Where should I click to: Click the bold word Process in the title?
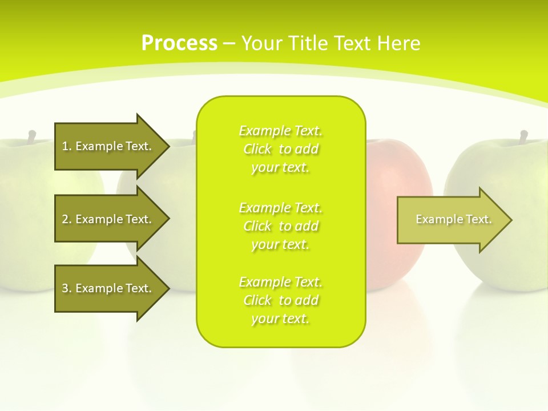179,43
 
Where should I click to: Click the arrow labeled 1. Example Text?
108,146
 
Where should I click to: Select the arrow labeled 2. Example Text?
108,219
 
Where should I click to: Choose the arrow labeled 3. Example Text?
108,288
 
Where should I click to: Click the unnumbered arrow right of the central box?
451,220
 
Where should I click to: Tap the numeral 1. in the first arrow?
66,146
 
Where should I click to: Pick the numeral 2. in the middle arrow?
66,219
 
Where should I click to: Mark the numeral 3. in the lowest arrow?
66,288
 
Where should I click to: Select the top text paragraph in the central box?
280,149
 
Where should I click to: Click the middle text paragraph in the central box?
280,226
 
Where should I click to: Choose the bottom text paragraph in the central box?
280,300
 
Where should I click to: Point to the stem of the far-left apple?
32,136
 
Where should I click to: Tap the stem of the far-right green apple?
523,136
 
